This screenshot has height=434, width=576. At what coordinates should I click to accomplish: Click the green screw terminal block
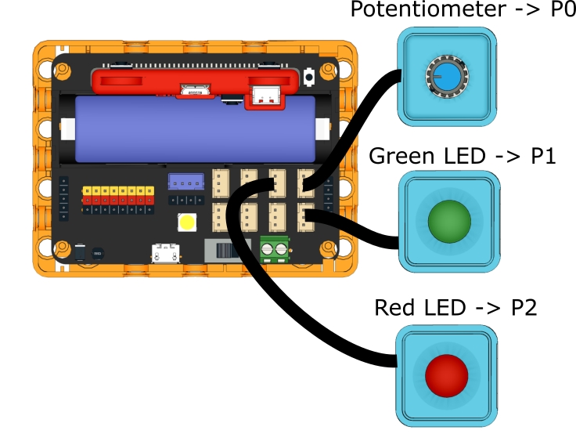(274, 248)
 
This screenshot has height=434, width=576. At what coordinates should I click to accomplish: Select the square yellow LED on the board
(187, 222)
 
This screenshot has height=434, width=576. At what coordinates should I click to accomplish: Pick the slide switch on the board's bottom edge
(225, 251)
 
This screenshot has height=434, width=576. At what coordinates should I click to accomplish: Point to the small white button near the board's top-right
(311, 77)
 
